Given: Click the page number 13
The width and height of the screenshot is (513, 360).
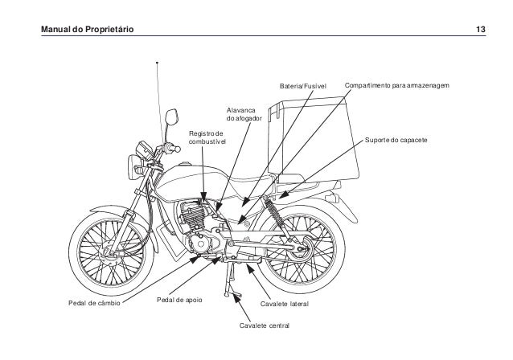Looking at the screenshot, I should (480, 30).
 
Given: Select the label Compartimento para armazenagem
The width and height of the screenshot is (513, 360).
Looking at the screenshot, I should (396, 84).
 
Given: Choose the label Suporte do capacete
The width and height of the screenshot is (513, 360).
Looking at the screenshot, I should (395, 140).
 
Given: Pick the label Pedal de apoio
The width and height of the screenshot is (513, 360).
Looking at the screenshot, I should (180, 301).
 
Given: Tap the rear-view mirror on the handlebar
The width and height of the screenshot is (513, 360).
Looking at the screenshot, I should (170, 119).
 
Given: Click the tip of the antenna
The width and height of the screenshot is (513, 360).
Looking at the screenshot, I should (158, 62).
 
